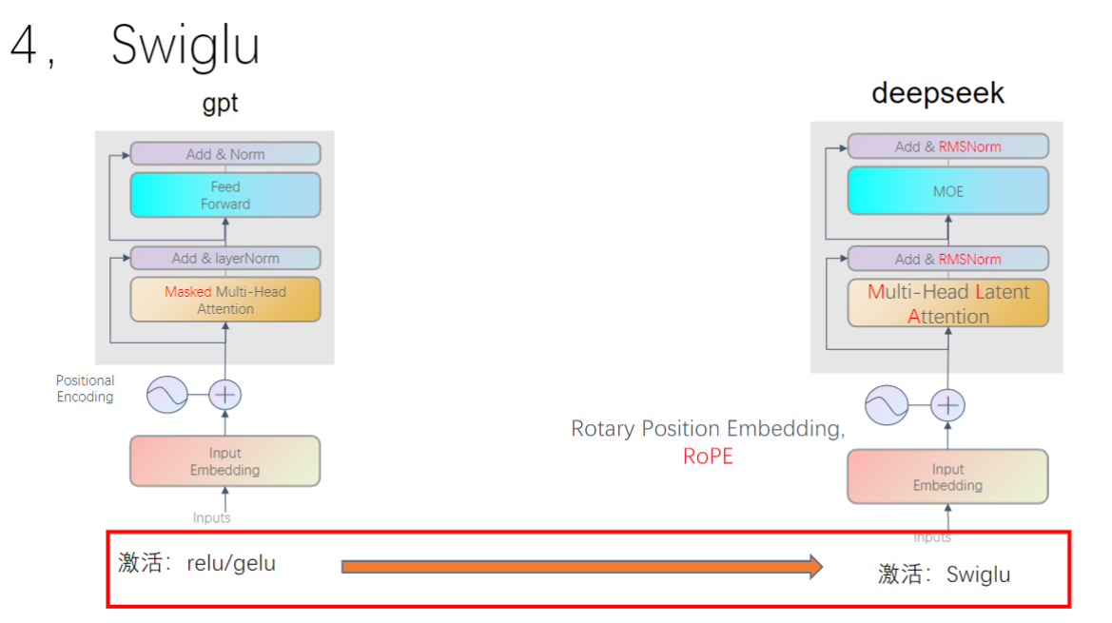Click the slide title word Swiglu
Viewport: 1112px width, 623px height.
185,44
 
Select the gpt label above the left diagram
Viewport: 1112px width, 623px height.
220,104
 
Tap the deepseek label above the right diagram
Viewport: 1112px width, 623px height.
937,93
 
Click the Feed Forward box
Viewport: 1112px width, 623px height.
225,195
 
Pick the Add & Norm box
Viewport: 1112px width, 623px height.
225,154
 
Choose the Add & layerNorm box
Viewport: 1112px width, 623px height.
225,258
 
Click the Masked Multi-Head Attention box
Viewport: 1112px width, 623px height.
225,300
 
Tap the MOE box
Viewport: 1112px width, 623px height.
947,191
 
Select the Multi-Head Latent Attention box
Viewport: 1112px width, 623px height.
947,303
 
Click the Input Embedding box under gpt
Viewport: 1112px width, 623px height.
225,461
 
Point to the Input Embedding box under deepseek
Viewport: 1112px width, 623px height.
947,477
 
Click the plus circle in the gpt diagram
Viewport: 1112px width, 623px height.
224,394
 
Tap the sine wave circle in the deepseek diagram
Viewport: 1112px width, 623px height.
887,406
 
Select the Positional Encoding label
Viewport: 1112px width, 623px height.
85,388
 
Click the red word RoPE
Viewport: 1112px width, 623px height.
708,457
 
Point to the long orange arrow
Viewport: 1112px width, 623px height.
580,567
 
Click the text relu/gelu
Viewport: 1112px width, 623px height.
231,563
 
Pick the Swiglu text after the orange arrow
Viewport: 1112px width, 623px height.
978,574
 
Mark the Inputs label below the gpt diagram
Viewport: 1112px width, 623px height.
211,517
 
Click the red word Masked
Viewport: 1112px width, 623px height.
187,292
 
